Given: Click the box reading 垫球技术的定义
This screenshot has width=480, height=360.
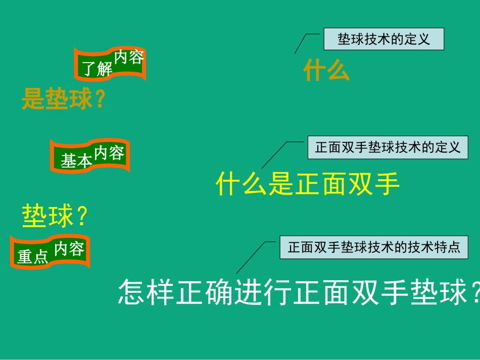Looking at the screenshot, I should point(383,39).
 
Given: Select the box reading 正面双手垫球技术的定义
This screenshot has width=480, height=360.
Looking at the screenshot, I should point(388,147).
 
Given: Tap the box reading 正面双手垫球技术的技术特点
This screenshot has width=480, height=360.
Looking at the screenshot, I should point(374,247).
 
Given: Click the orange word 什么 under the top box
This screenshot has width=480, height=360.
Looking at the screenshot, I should point(326,71).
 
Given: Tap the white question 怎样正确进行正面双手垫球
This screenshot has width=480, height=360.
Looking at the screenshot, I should point(298,293).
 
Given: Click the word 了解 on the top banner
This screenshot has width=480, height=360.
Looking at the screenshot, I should point(98,69).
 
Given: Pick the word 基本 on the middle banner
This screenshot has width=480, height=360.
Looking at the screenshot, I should point(77,161).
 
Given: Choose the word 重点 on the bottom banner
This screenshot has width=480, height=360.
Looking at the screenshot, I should point(33,257).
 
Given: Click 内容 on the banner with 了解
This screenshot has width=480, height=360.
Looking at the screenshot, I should point(129,57).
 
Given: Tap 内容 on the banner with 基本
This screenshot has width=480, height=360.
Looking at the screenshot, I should point(109,152).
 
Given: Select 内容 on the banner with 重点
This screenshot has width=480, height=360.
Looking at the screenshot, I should point(69,248).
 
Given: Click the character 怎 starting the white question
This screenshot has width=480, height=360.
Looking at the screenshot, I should point(131,293).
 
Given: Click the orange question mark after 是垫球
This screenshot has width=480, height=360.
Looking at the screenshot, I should point(100,99).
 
